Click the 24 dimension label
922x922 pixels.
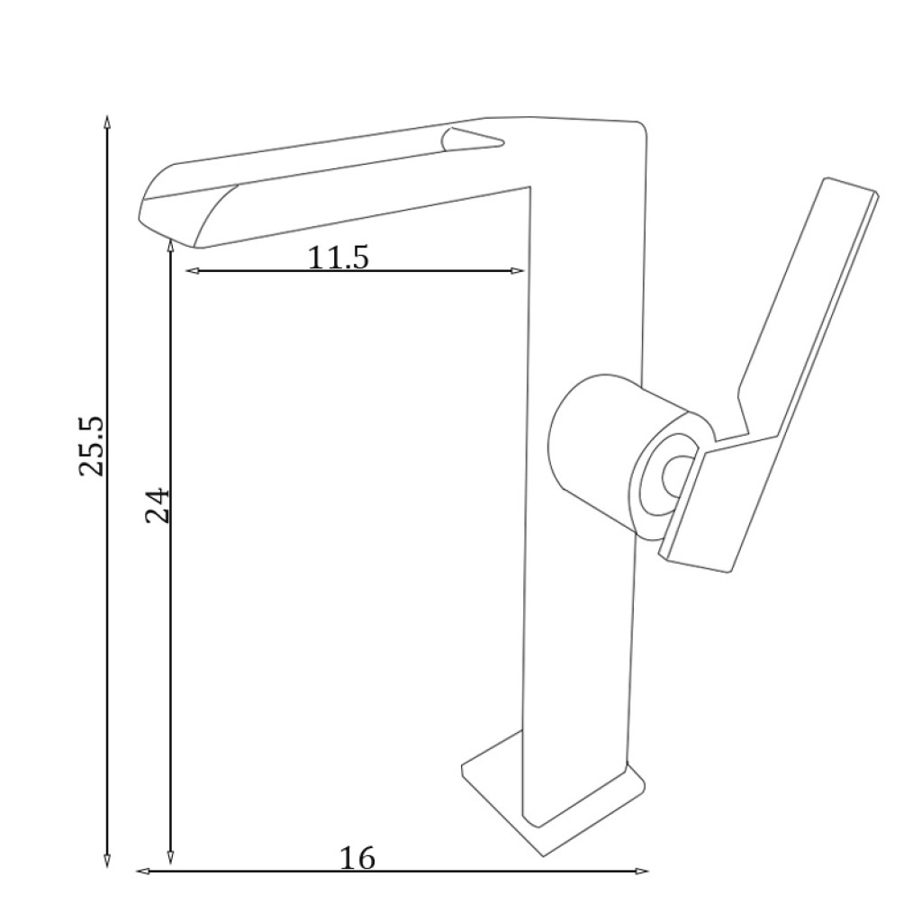(x=157, y=505)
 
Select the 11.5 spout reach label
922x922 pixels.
(x=339, y=257)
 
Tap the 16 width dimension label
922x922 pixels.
(x=357, y=858)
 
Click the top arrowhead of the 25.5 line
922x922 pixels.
(x=106, y=122)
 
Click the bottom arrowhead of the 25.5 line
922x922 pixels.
(x=106, y=861)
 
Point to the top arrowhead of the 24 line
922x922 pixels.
(x=170, y=246)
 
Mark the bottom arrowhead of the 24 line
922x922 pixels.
(x=170, y=857)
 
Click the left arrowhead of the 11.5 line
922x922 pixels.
(x=193, y=270)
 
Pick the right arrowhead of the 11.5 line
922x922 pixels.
(x=516, y=270)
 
